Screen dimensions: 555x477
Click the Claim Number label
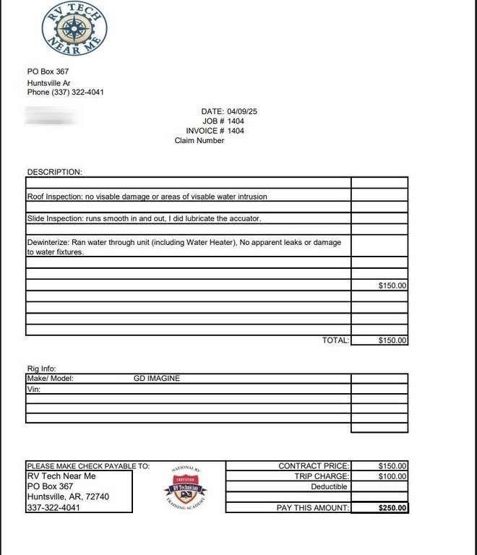[x=199, y=141]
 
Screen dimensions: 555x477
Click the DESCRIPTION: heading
[x=55, y=172]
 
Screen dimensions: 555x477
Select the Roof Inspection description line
[x=151, y=196]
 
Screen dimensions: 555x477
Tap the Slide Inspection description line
[x=144, y=218]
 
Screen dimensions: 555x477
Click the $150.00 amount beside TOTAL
[x=392, y=340]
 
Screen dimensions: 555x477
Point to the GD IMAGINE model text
[x=157, y=378]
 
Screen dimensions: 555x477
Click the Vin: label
[x=34, y=389]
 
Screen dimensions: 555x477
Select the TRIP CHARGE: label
[x=322, y=476]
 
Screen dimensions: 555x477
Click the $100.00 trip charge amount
[x=392, y=476]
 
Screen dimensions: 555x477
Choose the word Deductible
[x=329, y=487]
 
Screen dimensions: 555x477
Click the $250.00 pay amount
[x=392, y=508]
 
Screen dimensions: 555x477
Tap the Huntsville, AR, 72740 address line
[x=68, y=497]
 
